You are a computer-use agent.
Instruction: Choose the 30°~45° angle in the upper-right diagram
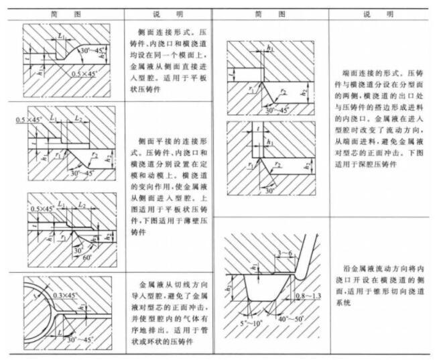coord(277,110)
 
